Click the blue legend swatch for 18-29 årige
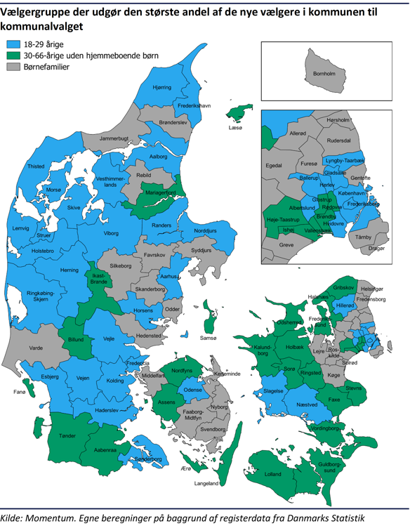pos(13,44)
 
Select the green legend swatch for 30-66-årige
pos(13,55)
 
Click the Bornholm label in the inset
pos(324,73)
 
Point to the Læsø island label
pos(234,129)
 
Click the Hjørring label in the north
pos(161,88)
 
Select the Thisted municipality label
pos(35,166)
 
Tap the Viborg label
pos(111,232)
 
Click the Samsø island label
pos(209,338)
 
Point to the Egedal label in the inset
pos(273,166)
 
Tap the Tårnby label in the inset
pos(364,237)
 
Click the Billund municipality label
pos(75,339)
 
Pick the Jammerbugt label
pos(114,139)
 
